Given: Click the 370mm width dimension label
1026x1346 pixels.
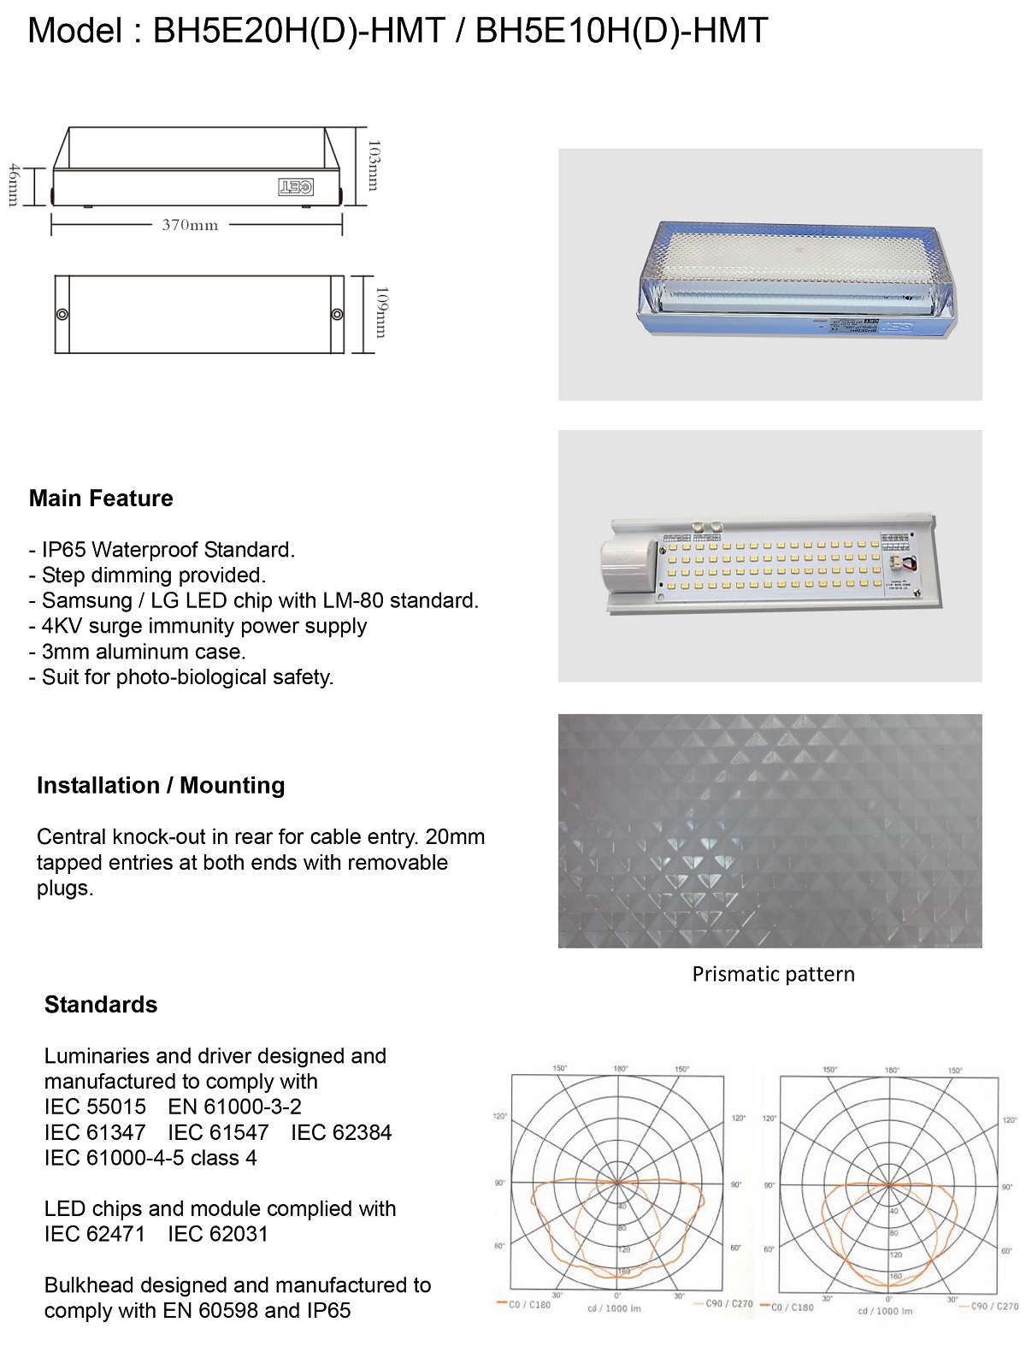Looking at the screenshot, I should pyautogui.click(x=190, y=226).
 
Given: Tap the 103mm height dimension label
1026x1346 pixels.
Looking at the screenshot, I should pyautogui.click(x=374, y=166).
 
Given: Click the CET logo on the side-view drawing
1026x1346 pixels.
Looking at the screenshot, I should pyautogui.click(x=296, y=186).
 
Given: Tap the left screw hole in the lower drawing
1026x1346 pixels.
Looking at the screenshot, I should pyautogui.click(x=62, y=315).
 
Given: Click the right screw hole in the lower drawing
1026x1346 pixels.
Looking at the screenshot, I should pyautogui.click(x=337, y=315).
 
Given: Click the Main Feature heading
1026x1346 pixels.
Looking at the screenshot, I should pyautogui.click(x=101, y=499).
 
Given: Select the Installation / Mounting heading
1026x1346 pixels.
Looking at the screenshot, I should pyautogui.click(x=161, y=786).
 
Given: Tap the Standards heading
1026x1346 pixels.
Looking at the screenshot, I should pyautogui.click(x=101, y=1005).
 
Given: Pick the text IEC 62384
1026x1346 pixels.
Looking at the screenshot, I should pyautogui.click(x=341, y=1133).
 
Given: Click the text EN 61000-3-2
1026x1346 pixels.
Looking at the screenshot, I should pyautogui.click(x=235, y=1107).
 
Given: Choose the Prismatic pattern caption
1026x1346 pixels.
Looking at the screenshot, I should pyautogui.click(x=773, y=975).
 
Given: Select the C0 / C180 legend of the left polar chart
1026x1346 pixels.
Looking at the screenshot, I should pyautogui.click(x=524, y=1305).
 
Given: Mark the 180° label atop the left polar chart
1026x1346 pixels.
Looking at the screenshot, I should pyautogui.click(x=620, y=1069).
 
